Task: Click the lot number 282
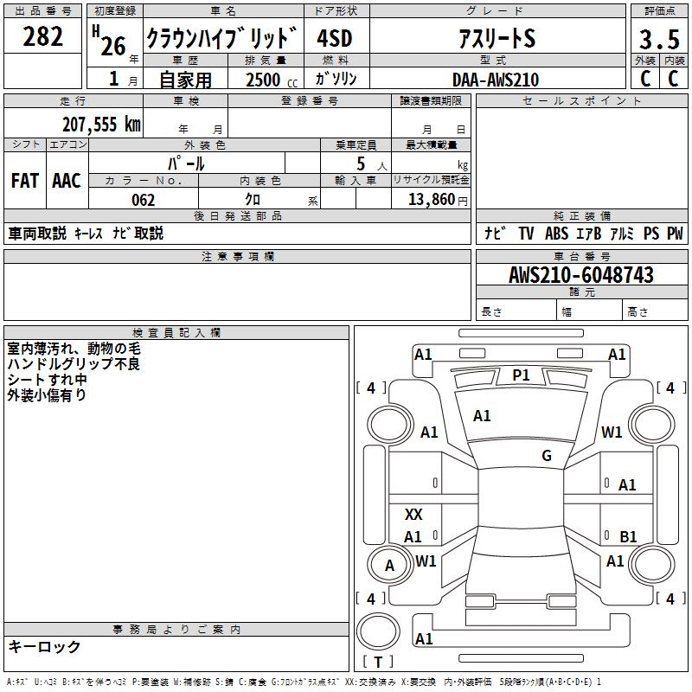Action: click(44, 36)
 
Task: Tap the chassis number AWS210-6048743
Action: click(581, 275)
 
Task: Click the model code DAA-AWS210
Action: click(496, 80)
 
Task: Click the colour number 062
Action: click(143, 200)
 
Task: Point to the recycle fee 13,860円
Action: click(437, 200)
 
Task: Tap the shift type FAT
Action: click(25, 180)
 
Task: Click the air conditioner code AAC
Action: click(67, 180)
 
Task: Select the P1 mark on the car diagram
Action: click(521, 375)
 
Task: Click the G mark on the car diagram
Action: click(547, 456)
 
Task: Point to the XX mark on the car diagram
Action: click(413, 515)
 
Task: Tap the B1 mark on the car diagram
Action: click(628, 537)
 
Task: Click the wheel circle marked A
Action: click(389, 566)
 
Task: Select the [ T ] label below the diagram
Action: click(378, 663)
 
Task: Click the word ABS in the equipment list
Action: click(556, 234)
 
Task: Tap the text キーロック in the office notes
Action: click(44, 646)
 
